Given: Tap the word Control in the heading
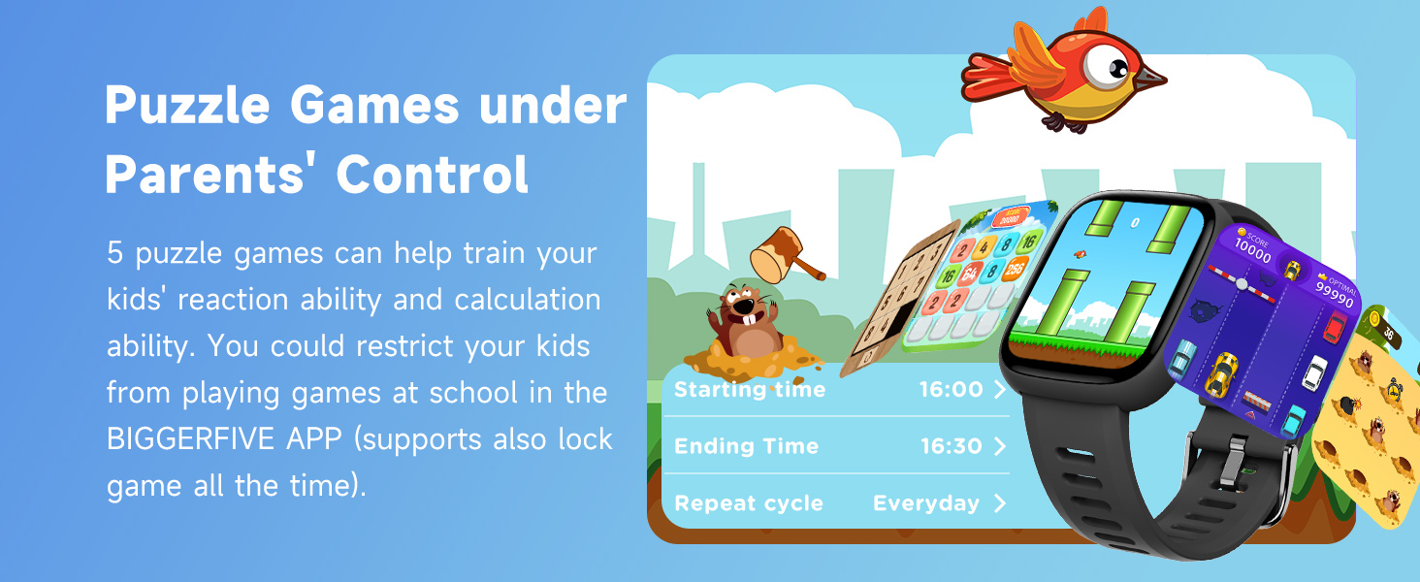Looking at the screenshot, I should (x=432, y=175).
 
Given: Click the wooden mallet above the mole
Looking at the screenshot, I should (x=785, y=254).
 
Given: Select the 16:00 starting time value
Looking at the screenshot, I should (x=951, y=390).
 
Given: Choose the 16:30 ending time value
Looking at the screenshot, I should (x=951, y=446).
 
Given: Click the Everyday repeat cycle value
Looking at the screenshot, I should (x=926, y=503).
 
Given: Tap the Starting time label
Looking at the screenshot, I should (x=750, y=390).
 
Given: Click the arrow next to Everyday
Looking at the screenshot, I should (x=1000, y=503).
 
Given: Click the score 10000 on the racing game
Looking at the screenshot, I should (x=1251, y=255).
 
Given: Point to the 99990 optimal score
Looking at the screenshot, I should (x=1335, y=295).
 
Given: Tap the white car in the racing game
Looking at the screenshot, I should (x=1315, y=372).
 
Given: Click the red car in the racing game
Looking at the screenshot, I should (x=1338, y=327).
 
